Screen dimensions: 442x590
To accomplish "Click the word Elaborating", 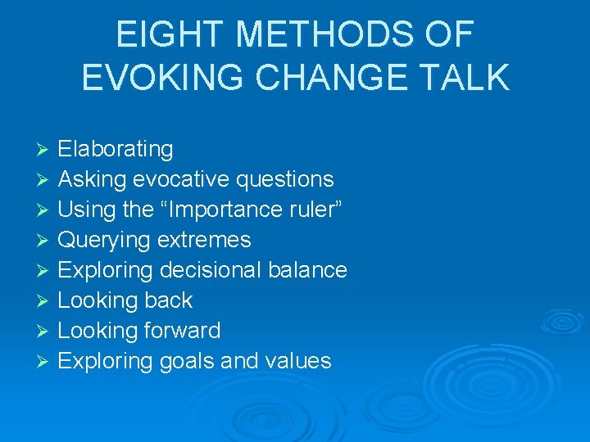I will point(116,150).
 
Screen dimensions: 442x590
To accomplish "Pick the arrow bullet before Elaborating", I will point(45,150).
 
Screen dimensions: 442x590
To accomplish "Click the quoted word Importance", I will point(225,210).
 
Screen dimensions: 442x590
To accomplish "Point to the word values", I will point(297,361).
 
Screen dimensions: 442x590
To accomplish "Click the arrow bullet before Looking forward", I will point(45,331).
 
